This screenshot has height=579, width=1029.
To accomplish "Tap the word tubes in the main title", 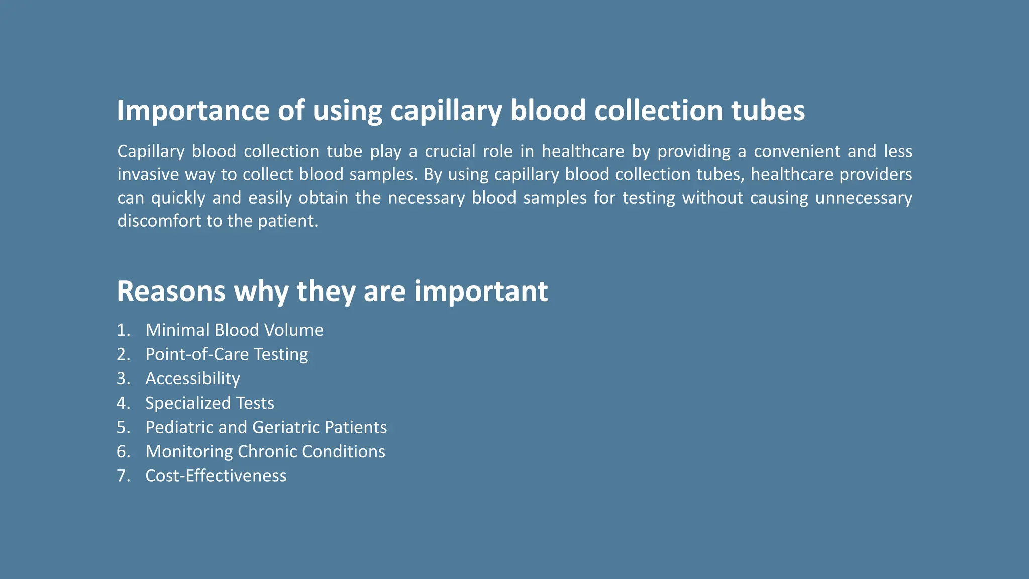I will click(x=768, y=111).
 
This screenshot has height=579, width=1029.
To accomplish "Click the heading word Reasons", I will click(x=171, y=292).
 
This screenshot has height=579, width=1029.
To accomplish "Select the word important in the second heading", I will click(x=481, y=292).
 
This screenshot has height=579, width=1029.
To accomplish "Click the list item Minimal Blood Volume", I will click(x=234, y=330).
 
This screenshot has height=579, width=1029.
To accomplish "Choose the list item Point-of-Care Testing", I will click(x=227, y=354).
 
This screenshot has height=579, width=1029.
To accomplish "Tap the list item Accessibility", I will click(x=192, y=378).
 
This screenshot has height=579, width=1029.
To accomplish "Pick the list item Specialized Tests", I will click(x=210, y=403).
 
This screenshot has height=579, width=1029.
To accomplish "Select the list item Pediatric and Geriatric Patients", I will click(x=266, y=427).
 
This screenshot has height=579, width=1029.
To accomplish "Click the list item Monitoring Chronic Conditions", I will click(x=265, y=451).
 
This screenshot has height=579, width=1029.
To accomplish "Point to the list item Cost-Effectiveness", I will click(x=216, y=476).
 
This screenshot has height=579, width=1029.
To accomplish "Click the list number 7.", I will click(x=123, y=476).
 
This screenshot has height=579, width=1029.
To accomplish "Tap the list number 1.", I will click(x=123, y=330).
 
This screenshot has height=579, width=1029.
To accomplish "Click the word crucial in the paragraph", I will click(x=450, y=151).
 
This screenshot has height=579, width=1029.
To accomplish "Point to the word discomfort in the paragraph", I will click(x=159, y=221).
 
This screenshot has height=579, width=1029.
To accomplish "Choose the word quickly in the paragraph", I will click(x=178, y=198).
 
